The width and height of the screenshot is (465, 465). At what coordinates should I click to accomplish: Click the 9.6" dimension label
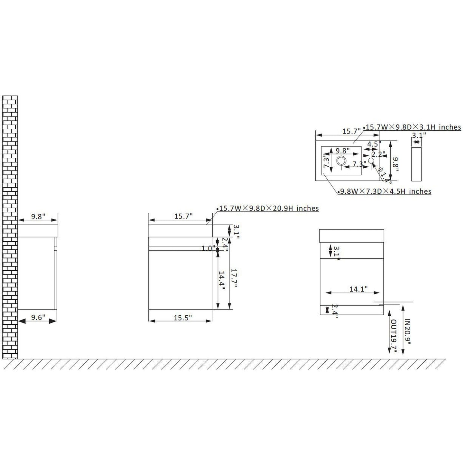click(x=38, y=317)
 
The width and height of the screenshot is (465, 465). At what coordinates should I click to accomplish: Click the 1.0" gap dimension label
click(x=208, y=248)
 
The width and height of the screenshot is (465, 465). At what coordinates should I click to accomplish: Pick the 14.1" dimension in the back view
click(x=358, y=289)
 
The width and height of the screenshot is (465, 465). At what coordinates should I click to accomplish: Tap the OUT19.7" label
click(x=393, y=336)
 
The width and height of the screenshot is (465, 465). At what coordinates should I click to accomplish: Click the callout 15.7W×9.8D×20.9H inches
click(x=269, y=208)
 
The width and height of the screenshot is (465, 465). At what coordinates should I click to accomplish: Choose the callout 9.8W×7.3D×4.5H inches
click(x=386, y=191)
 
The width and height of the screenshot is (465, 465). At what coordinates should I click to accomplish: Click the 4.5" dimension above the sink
click(x=373, y=144)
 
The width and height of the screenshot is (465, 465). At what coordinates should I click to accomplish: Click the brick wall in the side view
click(x=10, y=225)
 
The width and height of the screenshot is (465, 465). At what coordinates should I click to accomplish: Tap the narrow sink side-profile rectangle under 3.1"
click(x=416, y=164)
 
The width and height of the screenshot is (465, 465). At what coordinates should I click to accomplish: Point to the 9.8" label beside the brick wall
click(x=38, y=217)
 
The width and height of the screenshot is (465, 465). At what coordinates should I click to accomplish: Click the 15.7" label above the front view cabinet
click(x=183, y=216)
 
